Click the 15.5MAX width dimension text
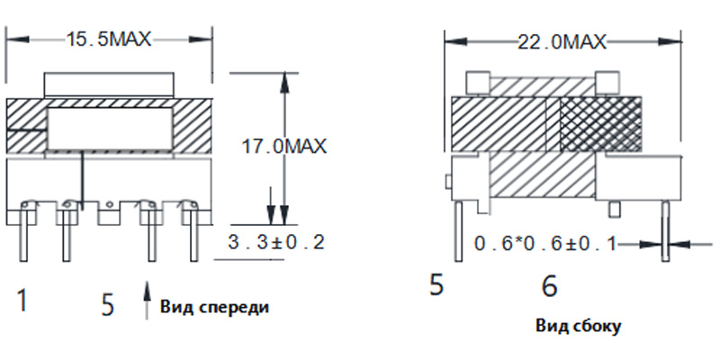[109, 40]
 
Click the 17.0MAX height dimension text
[284, 147]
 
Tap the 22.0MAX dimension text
[562, 42]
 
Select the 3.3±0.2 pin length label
[276, 242]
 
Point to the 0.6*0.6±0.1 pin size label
[545, 244]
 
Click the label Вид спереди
[214, 307]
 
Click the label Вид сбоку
[579, 326]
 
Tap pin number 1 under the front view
[22, 300]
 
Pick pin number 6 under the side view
[550, 286]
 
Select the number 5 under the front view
[107, 305]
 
